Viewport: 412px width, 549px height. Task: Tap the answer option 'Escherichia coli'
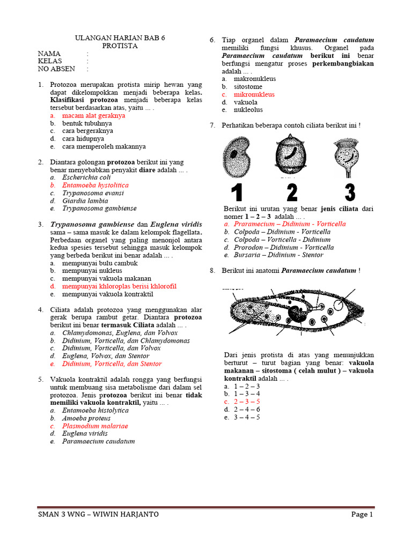point(86,177)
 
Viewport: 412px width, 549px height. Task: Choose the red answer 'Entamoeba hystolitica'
point(95,185)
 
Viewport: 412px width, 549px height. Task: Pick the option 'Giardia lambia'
point(85,201)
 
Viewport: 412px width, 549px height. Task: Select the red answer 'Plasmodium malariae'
point(95,426)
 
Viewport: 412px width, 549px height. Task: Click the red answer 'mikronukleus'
point(254,94)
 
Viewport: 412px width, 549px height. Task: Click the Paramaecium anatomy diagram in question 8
point(295,313)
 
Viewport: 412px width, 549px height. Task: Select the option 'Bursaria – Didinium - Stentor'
point(278,255)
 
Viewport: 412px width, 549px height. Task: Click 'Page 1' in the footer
point(362,514)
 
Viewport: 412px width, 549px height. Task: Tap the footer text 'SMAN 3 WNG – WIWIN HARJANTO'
point(98,514)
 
